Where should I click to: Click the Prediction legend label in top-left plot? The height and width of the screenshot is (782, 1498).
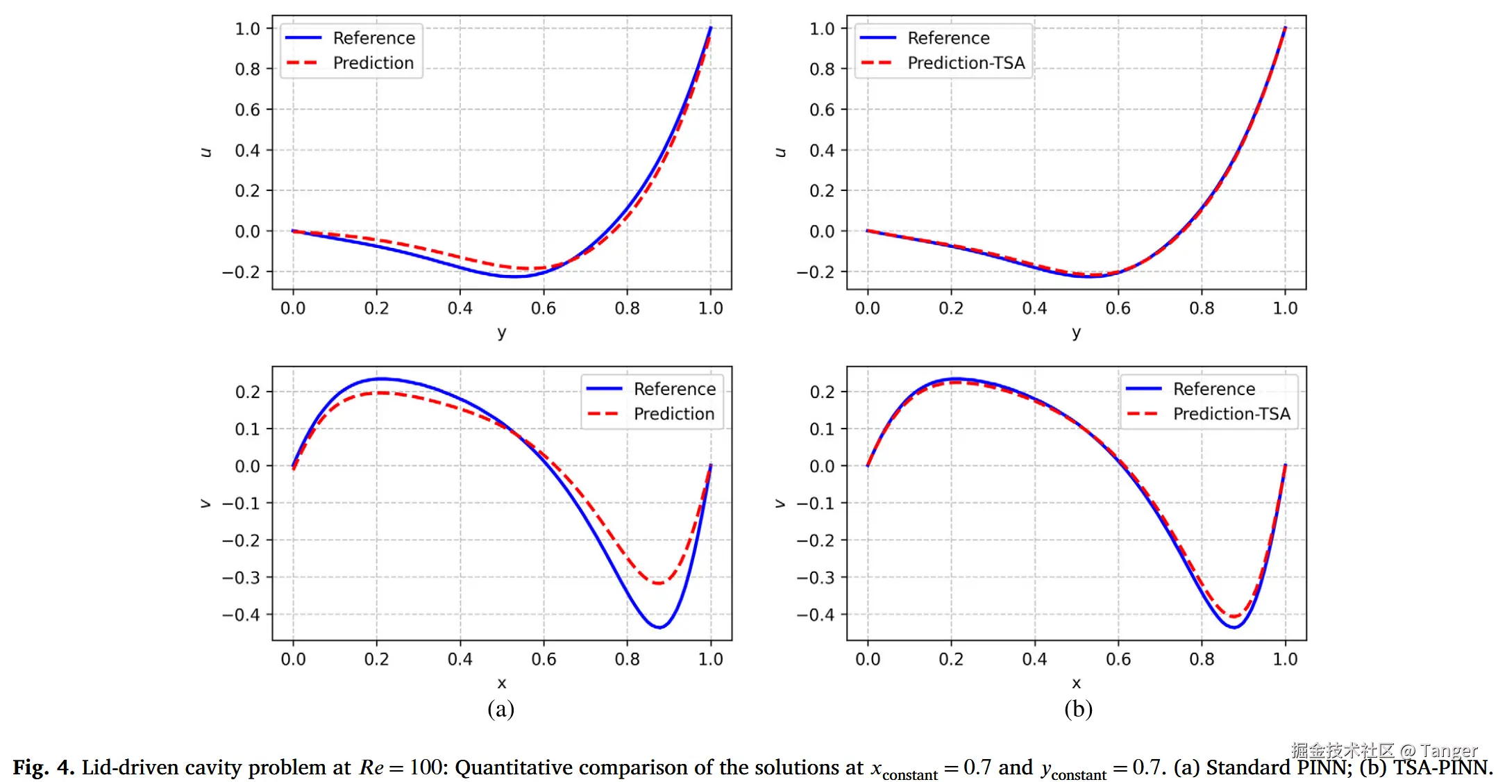point(373,63)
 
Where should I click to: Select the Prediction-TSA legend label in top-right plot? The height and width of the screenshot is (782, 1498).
point(966,63)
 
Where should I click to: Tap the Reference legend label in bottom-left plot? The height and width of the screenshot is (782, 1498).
point(674,389)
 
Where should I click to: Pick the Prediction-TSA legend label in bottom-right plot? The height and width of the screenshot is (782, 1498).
point(1231,414)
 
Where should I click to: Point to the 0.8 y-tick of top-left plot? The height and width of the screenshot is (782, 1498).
point(247,69)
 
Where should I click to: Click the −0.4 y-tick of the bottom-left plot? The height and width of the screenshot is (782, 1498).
point(241,615)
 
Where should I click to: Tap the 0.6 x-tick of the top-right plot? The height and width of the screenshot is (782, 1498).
point(1118,308)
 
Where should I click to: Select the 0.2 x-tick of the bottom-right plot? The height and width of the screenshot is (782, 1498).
point(951,659)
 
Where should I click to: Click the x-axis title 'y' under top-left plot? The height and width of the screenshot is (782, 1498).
point(501,333)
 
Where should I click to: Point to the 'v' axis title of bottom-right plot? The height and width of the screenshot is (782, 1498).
point(780,504)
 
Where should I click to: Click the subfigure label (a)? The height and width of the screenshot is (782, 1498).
point(500,709)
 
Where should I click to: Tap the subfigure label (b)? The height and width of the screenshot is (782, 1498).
point(1078,709)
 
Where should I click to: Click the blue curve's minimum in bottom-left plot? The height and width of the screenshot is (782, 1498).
point(659,627)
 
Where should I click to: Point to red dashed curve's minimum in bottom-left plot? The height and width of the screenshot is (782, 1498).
point(657,583)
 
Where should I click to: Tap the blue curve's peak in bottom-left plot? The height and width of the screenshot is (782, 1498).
point(380,379)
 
